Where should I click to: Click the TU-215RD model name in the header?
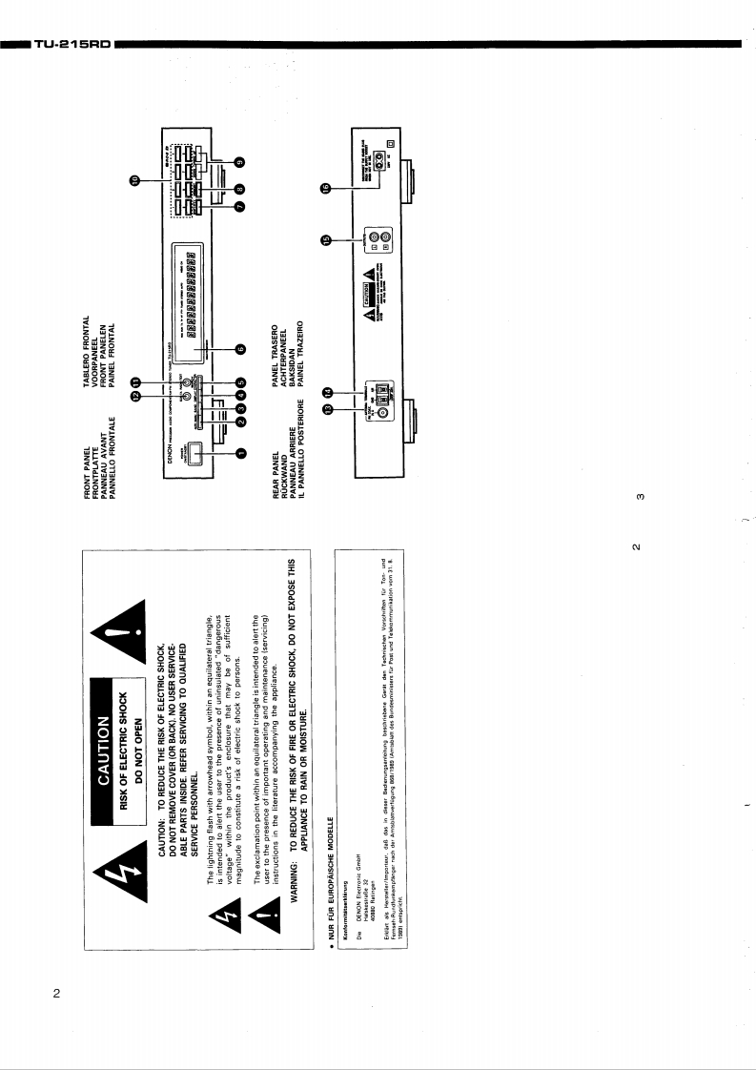(72, 44)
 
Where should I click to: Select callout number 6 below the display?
(241, 348)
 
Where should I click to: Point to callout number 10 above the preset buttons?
(135, 179)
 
